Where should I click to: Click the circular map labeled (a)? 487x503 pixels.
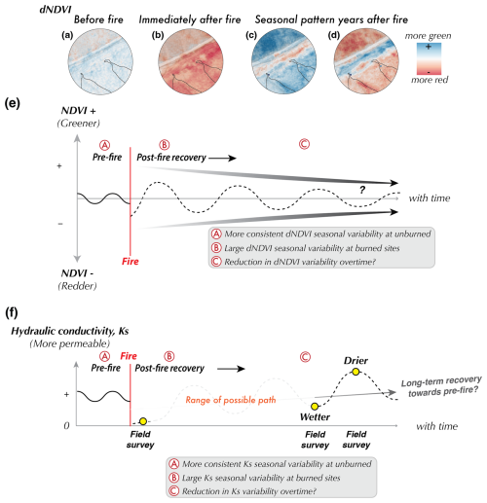click(100, 62)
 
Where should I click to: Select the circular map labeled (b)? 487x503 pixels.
click(191, 62)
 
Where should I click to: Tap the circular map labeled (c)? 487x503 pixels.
click(284, 62)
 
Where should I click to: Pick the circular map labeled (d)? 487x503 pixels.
click(366, 62)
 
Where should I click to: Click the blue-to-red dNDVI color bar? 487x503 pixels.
click(429, 58)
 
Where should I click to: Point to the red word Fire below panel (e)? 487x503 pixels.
click(131, 261)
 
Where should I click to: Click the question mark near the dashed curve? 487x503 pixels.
click(362, 190)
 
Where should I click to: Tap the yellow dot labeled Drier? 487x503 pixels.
click(356, 372)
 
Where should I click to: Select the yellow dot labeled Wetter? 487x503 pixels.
click(315, 406)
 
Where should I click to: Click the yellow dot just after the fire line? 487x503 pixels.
click(143, 421)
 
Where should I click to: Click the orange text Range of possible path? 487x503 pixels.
click(231, 400)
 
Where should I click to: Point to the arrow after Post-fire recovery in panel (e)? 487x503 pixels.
click(222, 159)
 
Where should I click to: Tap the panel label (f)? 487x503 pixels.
click(12, 312)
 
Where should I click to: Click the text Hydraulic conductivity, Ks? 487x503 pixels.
click(70, 331)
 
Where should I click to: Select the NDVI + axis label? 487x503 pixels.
click(79, 111)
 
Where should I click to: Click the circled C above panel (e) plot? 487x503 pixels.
click(304, 144)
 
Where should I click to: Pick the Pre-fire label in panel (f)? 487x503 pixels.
click(106, 368)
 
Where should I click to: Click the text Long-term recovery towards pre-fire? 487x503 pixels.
click(442, 386)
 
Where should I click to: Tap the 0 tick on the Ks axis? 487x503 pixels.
click(66, 425)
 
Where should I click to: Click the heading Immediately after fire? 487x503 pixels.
click(190, 19)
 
